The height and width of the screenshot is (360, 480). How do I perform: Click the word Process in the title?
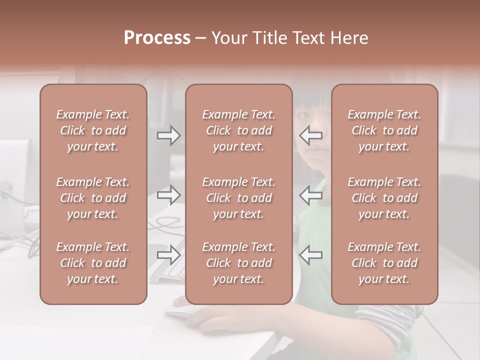click(157, 38)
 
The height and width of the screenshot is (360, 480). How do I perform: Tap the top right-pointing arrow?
click(168, 135)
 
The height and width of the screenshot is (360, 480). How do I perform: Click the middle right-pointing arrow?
click(168, 195)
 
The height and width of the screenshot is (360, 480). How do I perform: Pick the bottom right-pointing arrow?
click(168, 255)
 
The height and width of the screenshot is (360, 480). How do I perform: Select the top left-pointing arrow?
click(311, 135)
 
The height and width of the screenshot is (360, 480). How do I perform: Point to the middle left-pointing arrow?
click(311, 195)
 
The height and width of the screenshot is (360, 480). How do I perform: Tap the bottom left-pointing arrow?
click(311, 255)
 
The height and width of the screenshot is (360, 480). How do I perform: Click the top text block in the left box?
click(93, 130)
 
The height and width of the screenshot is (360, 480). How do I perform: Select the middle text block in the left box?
click(93, 198)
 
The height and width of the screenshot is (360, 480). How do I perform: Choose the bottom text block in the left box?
click(93, 263)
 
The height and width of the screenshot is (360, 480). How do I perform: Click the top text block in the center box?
click(238, 130)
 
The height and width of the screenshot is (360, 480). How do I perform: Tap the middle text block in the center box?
click(238, 198)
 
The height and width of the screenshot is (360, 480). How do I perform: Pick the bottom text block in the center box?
click(238, 263)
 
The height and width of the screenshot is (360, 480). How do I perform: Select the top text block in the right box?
click(384, 130)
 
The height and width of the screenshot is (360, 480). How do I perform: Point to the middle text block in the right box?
click(384, 198)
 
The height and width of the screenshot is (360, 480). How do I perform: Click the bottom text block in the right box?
click(384, 263)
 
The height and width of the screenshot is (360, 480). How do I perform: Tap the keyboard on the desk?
click(168, 270)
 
